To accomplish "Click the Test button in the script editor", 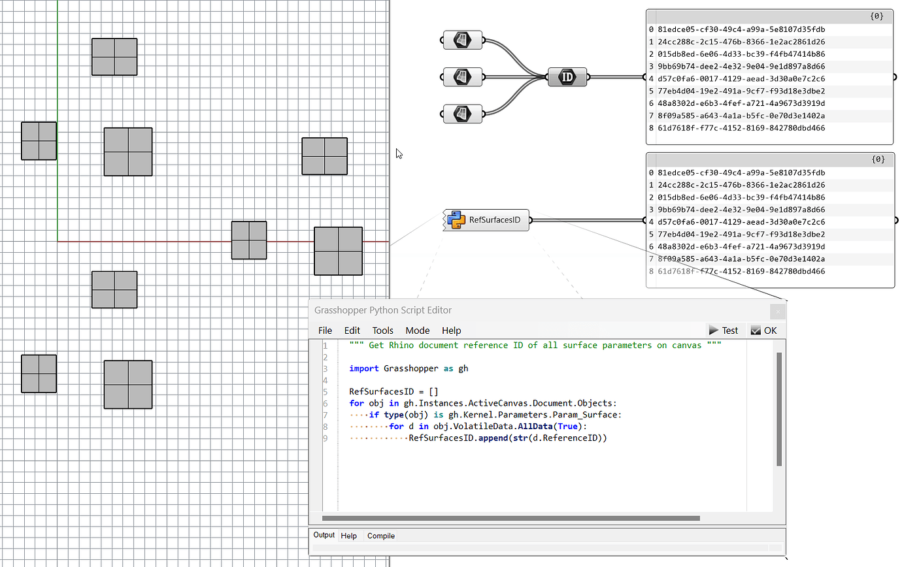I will click(x=724, y=331).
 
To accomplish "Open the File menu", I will click(x=325, y=331).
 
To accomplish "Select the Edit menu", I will click(x=352, y=331).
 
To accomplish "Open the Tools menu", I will click(x=383, y=331).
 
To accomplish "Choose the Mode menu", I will click(x=417, y=331).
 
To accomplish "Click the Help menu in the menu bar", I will click(x=451, y=331).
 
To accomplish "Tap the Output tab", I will click(x=324, y=536).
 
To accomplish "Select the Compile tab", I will click(x=381, y=536).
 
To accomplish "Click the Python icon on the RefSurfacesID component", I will click(x=456, y=220).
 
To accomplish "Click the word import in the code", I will click(x=363, y=368).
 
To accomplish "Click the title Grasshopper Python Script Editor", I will click(x=383, y=310).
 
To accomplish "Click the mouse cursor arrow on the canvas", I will click(x=399, y=153).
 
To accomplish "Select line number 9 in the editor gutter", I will click(x=325, y=438).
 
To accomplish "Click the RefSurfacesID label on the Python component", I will click(x=495, y=220).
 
